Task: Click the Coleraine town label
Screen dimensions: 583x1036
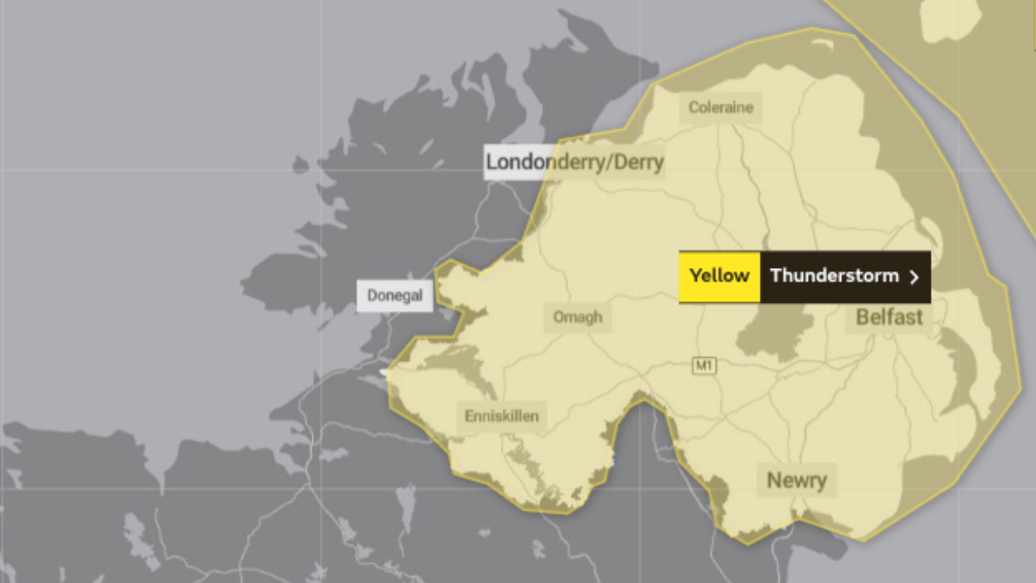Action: tap(720, 108)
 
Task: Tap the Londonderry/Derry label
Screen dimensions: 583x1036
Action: tap(574, 162)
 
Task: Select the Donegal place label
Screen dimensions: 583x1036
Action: tap(395, 296)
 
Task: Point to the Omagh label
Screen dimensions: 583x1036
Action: tap(577, 317)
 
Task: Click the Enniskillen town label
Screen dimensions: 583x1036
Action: tap(502, 417)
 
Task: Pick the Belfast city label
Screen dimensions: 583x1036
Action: tap(889, 317)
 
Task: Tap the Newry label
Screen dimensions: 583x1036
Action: tap(796, 480)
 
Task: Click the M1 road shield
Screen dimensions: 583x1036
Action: tap(704, 366)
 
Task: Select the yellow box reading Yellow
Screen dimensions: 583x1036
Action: tap(719, 276)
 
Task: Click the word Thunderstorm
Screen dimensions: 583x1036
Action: tap(834, 276)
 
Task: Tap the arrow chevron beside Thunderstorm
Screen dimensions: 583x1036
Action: tap(915, 277)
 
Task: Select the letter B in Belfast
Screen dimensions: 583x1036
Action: tap(863, 317)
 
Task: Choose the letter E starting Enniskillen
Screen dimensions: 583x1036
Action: tap(469, 417)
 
